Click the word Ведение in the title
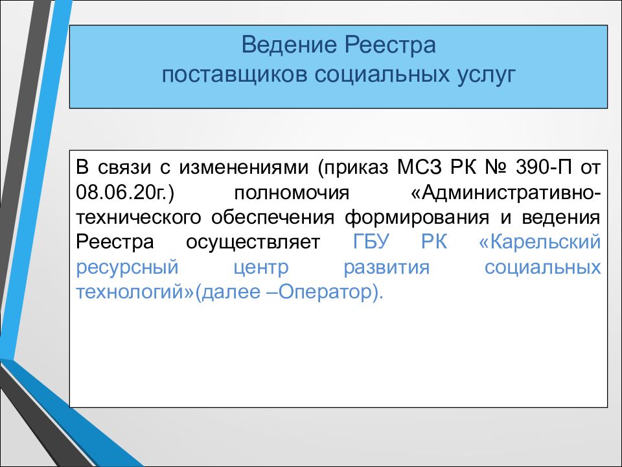coord(289,45)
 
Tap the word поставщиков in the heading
coord(234,75)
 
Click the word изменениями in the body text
coord(244,167)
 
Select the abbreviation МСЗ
coord(419,167)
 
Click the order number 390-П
coord(544,167)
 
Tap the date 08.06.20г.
coord(125,193)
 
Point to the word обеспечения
coord(273,218)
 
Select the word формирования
coord(417,218)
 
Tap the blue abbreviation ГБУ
coord(371,242)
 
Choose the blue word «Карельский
coord(540,242)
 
